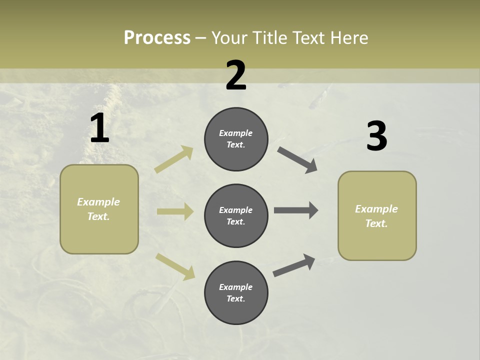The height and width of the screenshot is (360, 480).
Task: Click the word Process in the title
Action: point(157,38)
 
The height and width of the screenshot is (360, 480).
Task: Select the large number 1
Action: point(99,128)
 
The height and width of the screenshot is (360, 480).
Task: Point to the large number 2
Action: point(236,75)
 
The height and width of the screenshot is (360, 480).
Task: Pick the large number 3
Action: point(376,136)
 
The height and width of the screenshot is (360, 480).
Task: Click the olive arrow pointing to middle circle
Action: point(175,211)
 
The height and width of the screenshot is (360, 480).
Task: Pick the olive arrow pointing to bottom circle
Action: point(175,266)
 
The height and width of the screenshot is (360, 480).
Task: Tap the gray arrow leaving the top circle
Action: point(297,160)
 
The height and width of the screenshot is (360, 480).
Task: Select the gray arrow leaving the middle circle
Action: point(296,210)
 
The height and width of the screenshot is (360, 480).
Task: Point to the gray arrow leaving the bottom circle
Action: point(294,265)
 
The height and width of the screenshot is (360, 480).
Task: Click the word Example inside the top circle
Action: point(235,133)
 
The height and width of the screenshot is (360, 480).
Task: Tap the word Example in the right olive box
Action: point(376,209)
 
